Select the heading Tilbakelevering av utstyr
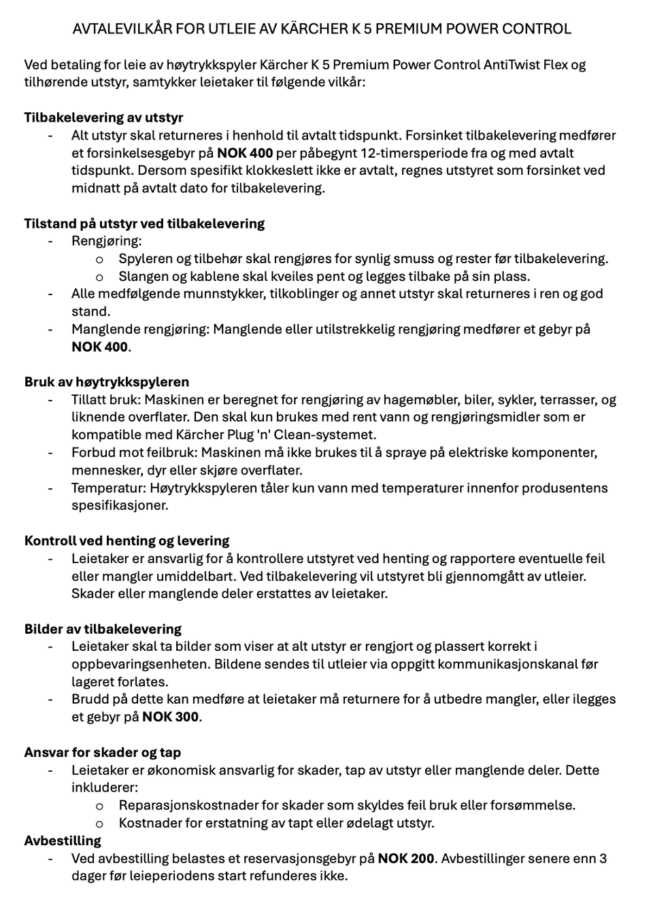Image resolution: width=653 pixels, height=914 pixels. coord(103,118)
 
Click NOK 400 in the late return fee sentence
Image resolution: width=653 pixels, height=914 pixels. coord(244,153)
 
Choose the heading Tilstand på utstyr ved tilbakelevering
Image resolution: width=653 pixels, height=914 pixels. coord(144,224)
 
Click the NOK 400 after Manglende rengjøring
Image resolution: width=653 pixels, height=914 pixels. coord(99,347)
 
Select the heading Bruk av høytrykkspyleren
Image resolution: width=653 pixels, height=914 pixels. coord(107,382)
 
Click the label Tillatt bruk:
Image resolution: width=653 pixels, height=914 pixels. coord(105,400)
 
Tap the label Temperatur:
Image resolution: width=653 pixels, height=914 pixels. coord(108,488)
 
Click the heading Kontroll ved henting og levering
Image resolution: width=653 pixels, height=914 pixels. coord(127,541)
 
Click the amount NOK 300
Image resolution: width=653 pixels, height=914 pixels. coord(171,717)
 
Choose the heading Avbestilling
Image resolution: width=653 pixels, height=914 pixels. coord(63,841)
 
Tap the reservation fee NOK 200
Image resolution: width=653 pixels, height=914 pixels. coord(406,858)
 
